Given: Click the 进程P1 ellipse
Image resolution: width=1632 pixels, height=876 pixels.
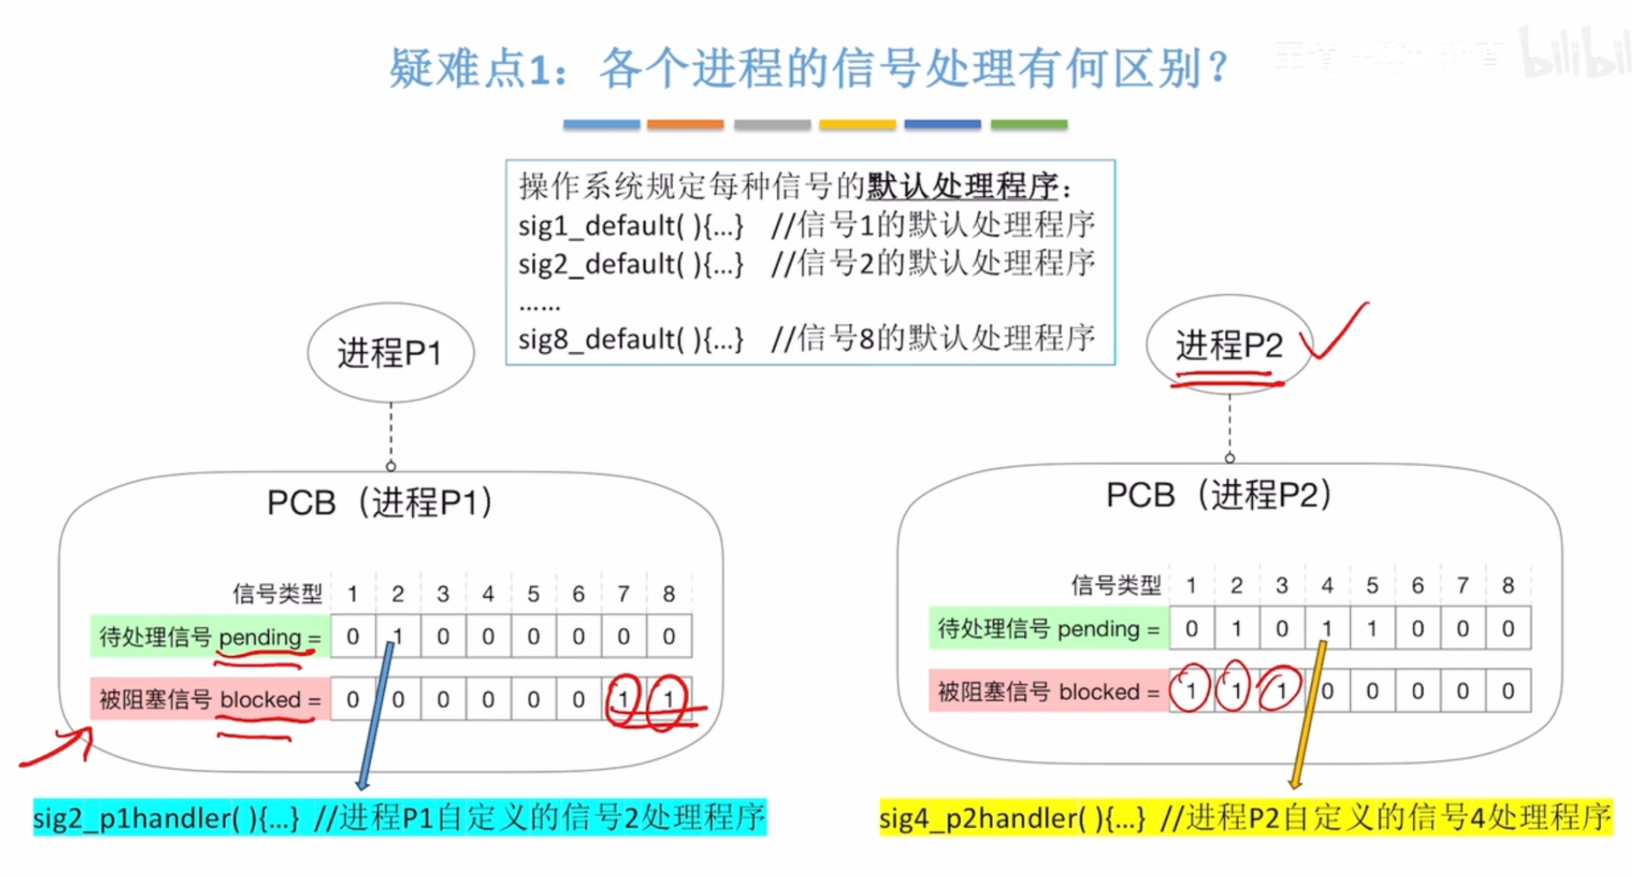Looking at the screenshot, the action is (x=390, y=353).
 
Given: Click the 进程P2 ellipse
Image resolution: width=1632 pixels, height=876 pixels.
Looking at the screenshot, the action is (x=1228, y=345).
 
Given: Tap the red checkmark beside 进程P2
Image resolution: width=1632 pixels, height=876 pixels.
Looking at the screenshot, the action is (x=1336, y=332).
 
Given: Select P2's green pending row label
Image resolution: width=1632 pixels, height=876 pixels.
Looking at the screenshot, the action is (x=1048, y=629).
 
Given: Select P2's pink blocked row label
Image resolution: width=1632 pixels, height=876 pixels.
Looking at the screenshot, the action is (x=1048, y=691).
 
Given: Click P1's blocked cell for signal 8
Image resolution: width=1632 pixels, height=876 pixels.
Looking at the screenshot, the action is (x=669, y=699).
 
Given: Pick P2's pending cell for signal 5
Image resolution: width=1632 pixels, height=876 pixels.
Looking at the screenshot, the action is (x=1372, y=629).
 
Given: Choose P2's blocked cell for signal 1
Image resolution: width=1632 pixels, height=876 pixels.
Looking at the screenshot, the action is (x=1192, y=691).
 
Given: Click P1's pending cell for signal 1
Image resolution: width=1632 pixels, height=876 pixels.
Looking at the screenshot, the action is (x=353, y=637).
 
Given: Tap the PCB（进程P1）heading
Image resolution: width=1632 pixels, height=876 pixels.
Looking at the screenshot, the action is (x=380, y=502).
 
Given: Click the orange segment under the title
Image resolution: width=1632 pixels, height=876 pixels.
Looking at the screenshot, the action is (x=685, y=125).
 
